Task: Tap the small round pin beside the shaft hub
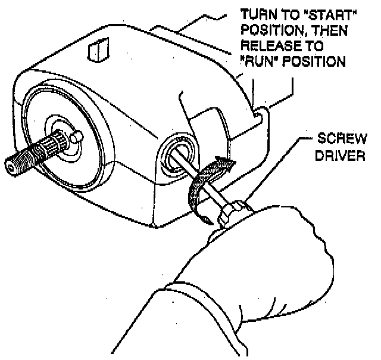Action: pos(75,137)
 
